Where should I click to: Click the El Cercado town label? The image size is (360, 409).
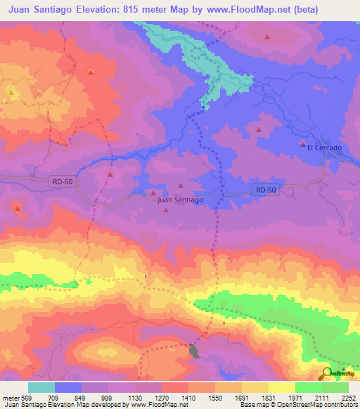pyautogui.click(x=324, y=148)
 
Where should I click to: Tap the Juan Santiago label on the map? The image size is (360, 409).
pyautogui.click(x=181, y=200)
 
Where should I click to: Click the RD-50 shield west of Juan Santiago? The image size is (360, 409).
pyautogui.click(x=63, y=181)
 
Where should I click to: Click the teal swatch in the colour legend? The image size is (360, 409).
pyautogui.click(x=41, y=387)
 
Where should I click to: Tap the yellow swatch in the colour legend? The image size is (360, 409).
pyautogui.click(x=282, y=387)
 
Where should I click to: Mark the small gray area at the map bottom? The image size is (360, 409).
pyautogui.click(x=195, y=350)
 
